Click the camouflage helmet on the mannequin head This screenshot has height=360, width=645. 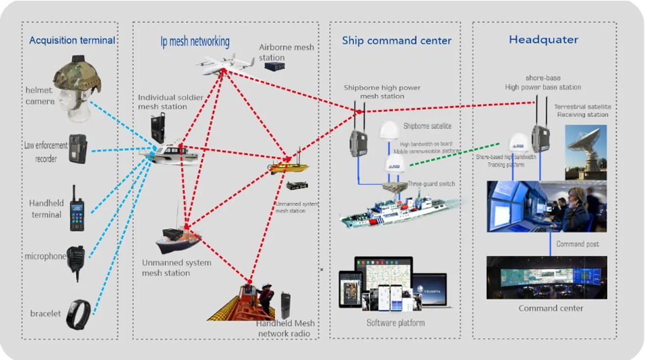click(x=77, y=75)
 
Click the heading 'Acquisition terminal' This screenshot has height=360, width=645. click(x=72, y=41)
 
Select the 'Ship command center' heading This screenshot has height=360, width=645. click(x=397, y=41)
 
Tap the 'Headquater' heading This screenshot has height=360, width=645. click(x=544, y=40)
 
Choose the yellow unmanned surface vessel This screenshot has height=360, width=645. click(x=289, y=166)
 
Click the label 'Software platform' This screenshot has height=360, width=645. click(x=395, y=323)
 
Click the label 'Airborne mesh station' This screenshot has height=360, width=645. click(x=287, y=52)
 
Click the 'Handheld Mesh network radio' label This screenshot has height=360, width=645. click(x=283, y=329)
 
